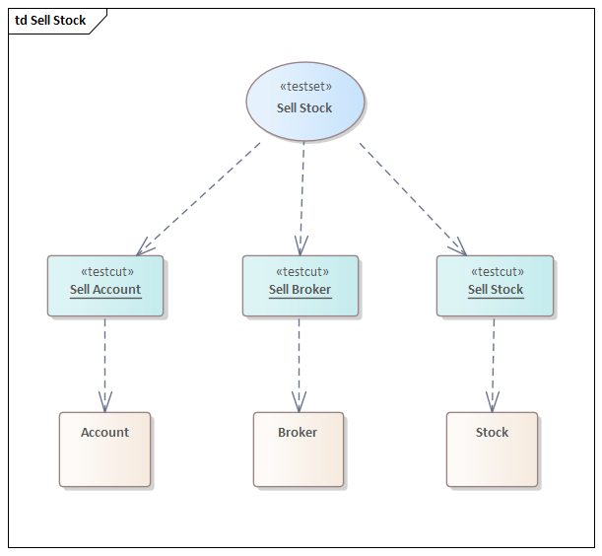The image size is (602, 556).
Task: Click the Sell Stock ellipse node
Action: [x=304, y=102]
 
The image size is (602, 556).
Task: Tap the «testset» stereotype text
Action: [x=304, y=87]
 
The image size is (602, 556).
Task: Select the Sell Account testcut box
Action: [x=105, y=286]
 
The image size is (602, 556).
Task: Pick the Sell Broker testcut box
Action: [x=301, y=286]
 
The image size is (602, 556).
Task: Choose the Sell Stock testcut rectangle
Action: [x=495, y=286]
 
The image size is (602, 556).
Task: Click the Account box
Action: [x=104, y=450]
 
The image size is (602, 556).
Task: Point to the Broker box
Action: [x=298, y=450]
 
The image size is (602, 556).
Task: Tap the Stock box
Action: [x=492, y=450]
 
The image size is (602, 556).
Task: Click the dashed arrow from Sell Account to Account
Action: [x=104, y=360]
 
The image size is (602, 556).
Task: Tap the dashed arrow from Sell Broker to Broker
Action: [x=299, y=360]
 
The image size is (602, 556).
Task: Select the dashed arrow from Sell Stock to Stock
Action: [x=494, y=360]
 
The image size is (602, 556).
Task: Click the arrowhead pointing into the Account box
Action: [x=104, y=403]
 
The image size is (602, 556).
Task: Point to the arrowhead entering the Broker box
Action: [x=298, y=403]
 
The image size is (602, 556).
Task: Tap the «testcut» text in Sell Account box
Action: [x=106, y=272]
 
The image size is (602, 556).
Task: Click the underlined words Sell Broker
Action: [x=300, y=290]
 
